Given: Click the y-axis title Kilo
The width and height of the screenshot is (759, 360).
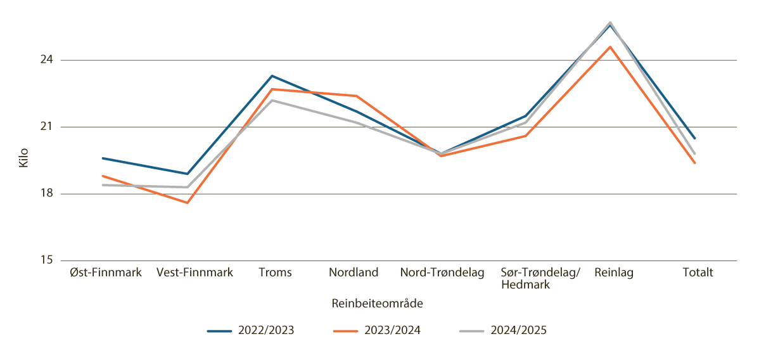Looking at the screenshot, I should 24,158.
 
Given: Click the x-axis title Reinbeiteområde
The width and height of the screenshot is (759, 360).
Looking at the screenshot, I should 377,304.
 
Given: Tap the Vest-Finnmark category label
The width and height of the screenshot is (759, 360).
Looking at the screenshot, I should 195,273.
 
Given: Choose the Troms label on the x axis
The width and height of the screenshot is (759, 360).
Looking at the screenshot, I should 276,273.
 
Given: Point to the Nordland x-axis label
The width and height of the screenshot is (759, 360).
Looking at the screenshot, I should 354,273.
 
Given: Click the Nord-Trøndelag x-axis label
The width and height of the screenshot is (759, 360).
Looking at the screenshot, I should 442,273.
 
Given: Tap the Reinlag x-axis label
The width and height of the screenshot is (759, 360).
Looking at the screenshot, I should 613,273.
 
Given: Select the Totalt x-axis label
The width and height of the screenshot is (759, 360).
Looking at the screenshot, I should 698,273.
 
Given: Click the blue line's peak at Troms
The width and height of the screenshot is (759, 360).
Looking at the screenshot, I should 272,76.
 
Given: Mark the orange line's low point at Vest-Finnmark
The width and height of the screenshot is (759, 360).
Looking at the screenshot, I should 188,203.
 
